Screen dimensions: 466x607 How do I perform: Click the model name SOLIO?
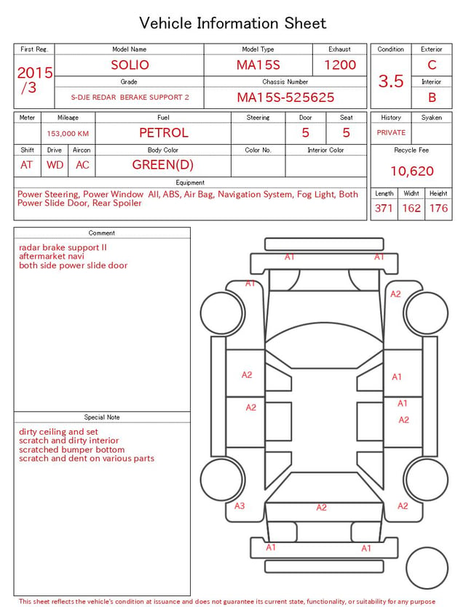coord(130,65)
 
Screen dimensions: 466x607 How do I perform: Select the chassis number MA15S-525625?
coord(285,97)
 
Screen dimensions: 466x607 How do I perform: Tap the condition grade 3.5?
coord(391,81)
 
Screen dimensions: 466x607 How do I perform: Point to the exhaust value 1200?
coord(340,65)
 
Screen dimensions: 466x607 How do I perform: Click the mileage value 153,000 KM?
coord(68,134)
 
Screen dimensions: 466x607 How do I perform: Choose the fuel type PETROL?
coord(164,133)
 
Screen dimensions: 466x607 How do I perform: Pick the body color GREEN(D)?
coord(163,165)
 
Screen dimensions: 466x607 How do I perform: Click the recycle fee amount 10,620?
coord(411,171)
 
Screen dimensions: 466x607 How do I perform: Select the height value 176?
coord(438,208)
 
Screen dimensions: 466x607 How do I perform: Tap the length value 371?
coord(384,208)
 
